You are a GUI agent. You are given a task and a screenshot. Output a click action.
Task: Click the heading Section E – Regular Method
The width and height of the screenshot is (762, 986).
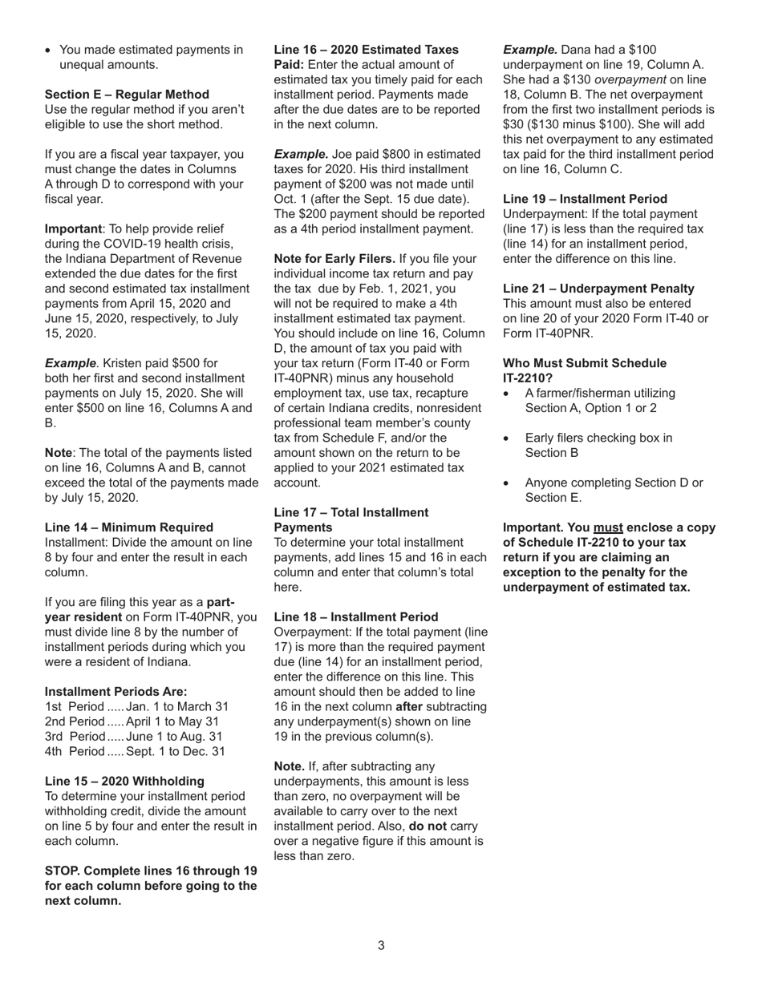[x=127, y=95]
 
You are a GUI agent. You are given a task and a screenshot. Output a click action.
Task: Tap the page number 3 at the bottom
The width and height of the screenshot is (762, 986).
[x=381, y=945]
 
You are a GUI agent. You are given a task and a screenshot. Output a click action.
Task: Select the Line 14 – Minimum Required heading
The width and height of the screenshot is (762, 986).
[x=129, y=527]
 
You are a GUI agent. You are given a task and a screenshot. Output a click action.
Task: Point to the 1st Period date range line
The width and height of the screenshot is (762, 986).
[x=136, y=707]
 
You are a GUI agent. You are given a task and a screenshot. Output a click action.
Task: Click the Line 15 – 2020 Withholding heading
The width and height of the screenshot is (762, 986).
[x=124, y=781]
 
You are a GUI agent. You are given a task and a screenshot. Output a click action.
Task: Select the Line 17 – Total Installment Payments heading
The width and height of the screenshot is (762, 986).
[x=351, y=519]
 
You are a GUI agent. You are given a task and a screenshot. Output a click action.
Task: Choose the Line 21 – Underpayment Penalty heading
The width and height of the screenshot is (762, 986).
[x=598, y=289]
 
